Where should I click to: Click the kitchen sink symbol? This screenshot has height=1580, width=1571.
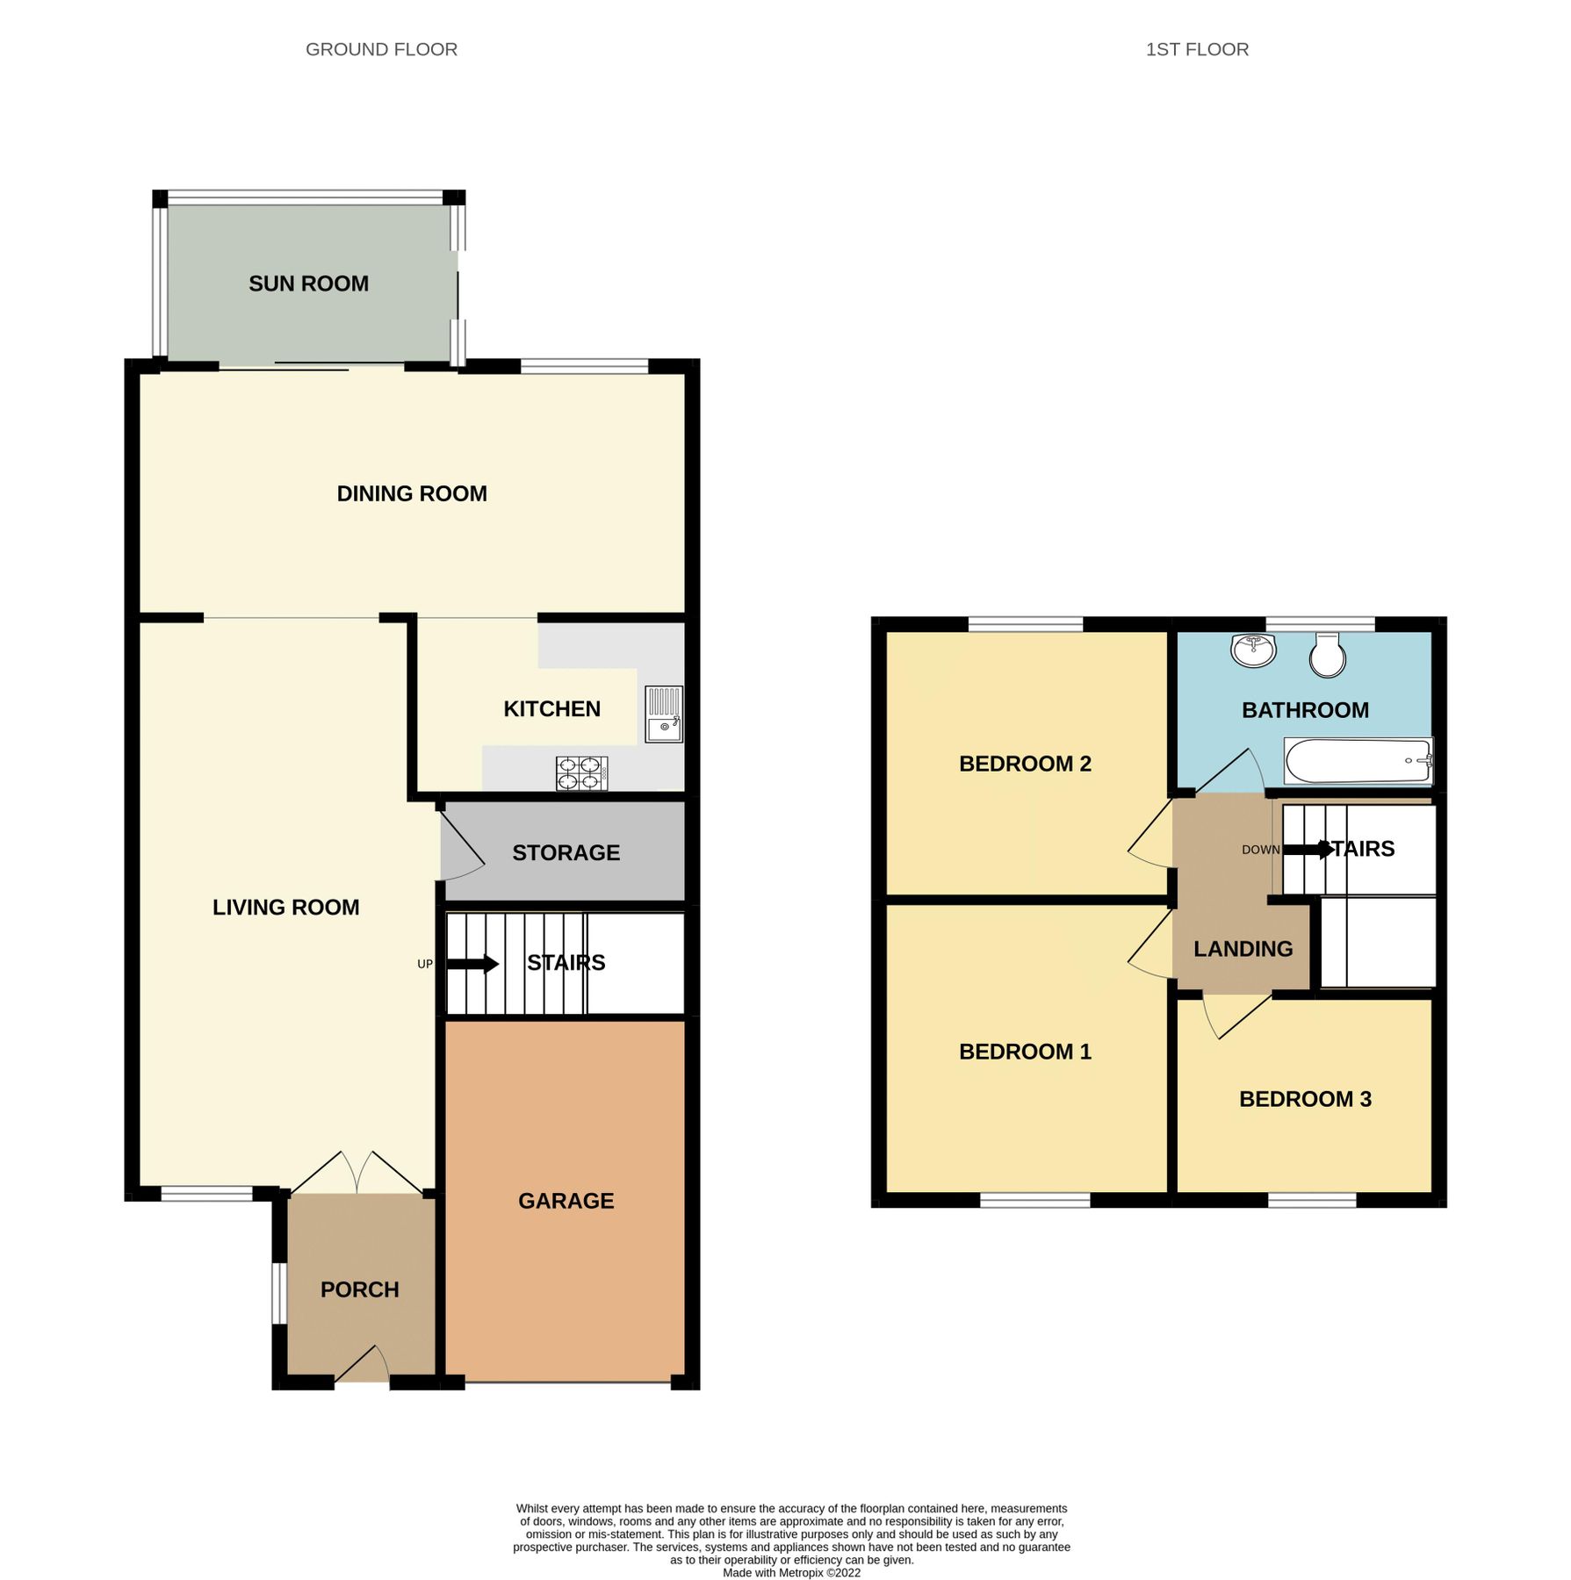[x=664, y=714]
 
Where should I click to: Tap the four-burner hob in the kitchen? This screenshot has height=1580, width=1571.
[x=581, y=773]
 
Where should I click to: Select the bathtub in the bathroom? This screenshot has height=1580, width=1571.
[x=1358, y=760]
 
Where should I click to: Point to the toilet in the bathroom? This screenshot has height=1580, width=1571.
[x=1327, y=655]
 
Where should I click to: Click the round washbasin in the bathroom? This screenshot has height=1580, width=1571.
[x=1253, y=650]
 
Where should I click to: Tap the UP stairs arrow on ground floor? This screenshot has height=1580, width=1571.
[x=472, y=964]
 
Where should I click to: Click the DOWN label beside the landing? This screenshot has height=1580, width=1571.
[x=1260, y=850]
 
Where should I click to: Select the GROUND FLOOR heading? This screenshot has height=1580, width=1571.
[x=381, y=49]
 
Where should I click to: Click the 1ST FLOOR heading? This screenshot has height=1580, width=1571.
[x=1196, y=49]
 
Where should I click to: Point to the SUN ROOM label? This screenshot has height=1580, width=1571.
[x=308, y=284]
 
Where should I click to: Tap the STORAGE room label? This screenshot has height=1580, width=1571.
[x=566, y=852]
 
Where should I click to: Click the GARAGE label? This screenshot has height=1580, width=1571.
[x=566, y=1201]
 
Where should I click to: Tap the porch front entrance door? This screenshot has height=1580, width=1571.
[x=363, y=1368]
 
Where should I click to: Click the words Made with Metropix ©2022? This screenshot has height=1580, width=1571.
[x=791, y=1572]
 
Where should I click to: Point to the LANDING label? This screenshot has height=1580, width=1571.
[x=1243, y=949]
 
